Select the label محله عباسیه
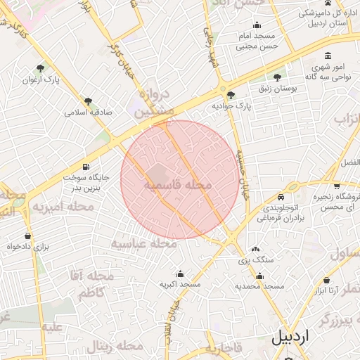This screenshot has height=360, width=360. coord(143,244)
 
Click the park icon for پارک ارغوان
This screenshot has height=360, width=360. coord(40,69)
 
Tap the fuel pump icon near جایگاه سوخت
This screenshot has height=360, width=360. coord(86,167)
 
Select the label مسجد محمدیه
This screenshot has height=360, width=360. coord(259,286)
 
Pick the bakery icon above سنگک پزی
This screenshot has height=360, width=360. coord(255,249)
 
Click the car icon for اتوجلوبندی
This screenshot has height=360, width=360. coord(281,198)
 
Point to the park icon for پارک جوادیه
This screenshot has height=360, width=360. coord(231,95)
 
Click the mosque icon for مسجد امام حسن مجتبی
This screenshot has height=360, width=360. coord(256,26)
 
